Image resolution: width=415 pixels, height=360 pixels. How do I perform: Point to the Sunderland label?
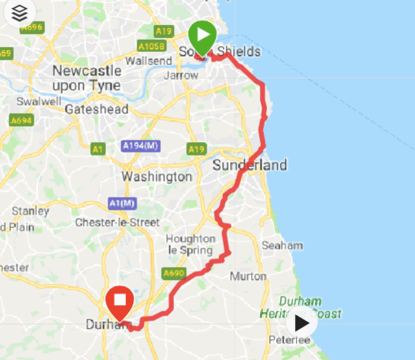249,165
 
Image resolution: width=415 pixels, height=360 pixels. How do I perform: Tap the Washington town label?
157,176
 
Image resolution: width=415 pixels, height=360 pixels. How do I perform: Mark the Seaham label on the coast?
281,246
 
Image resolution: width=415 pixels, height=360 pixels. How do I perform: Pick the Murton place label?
253,275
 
